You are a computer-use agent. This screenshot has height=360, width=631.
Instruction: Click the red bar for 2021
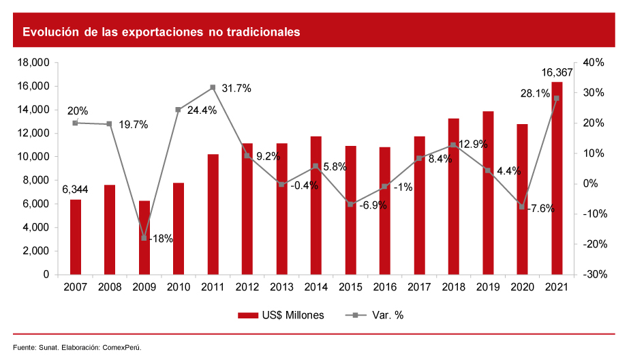pos(557,178)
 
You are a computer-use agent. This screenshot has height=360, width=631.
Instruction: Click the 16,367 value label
pos(557,72)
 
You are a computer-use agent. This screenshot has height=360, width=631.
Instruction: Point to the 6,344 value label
pos(76,189)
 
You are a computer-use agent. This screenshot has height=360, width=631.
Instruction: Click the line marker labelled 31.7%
pos(213,87)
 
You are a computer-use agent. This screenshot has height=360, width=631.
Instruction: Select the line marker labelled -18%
pos(144,238)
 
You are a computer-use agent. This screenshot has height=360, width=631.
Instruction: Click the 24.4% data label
pos(201,110)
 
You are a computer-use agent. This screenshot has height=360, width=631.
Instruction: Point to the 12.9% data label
pos(472,145)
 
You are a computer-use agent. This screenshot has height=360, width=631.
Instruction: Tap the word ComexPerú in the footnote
pos(122,348)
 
